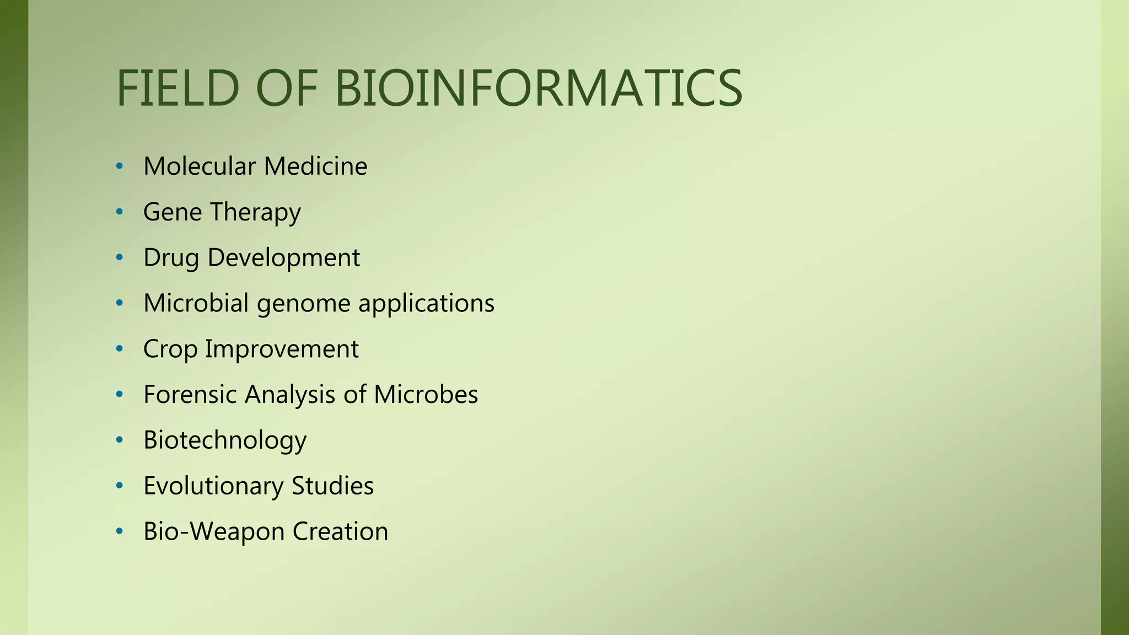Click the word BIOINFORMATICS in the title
tap(539, 88)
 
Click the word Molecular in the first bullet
tap(200, 166)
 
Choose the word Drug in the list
tap(171, 258)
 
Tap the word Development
tap(283, 258)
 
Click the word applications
tap(426, 304)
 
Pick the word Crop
tap(170, 349)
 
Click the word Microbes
tap(426, 395)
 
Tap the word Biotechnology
tap(225, 441)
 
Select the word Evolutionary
tap(213, 486)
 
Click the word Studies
tap(332, 486)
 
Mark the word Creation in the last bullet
tap(340, 532)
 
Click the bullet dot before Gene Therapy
tap(120, 212)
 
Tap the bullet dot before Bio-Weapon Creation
tap(120, 532)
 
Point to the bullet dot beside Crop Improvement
tap(120, 349)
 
